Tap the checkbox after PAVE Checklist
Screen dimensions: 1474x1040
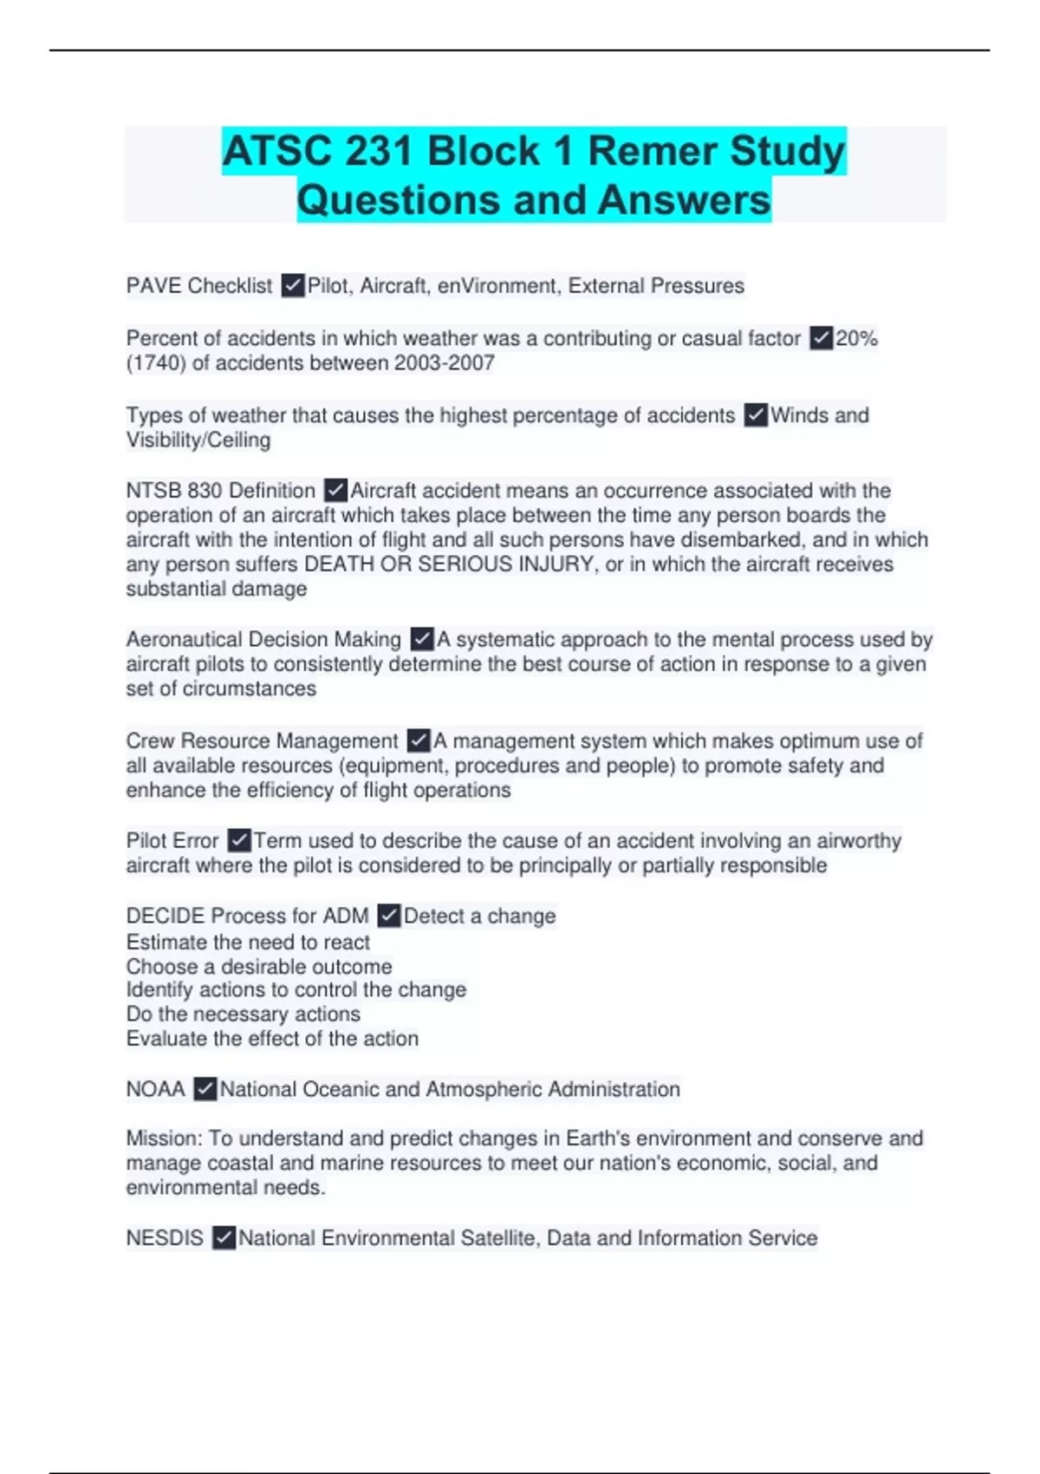pos(293,285)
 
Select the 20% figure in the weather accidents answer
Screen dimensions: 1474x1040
pos(856,338)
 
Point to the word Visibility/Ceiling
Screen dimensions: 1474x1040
pos(198,440)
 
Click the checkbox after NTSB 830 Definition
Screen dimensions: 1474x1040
pos(335,491)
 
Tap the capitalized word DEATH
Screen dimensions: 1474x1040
pos(337,564)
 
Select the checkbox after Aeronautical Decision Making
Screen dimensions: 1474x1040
pos(422,639)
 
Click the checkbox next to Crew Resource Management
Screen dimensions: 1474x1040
pos(419,740)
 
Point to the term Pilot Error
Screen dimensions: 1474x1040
pos(172,840)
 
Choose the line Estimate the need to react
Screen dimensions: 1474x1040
pos(248,942)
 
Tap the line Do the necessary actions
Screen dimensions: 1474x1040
pos(243,1014)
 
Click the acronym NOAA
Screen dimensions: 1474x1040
pos(156,1089)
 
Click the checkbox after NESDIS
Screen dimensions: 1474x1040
pos(224,1237)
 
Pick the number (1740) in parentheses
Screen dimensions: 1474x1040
pos(156,362)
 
